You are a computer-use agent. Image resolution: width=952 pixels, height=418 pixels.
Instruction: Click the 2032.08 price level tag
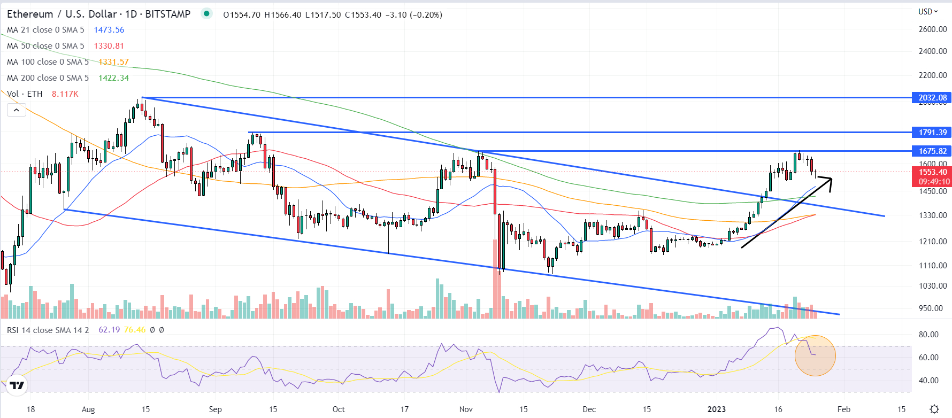click(x=932, y=98)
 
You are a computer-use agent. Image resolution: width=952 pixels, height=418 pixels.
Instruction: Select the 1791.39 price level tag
click(x=932, y=133)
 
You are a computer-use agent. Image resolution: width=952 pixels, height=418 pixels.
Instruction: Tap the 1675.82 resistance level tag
click(x=932, y=151)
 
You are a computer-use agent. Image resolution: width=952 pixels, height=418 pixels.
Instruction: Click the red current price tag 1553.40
click(x=932, y=172)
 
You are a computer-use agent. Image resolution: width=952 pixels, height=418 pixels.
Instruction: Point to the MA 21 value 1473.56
click(x=109, y=30)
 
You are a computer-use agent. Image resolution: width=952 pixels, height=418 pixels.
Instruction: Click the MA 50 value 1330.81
click(x=109, y=46)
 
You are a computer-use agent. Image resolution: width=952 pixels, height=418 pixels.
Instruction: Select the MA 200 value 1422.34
click(x=113, y=78)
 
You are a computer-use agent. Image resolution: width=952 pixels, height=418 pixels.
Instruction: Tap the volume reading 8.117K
click(x=65, y=94)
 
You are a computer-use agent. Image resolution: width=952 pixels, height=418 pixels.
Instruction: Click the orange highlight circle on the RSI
click(x=815, y=355)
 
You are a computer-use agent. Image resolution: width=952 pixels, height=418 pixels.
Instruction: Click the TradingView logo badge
click(x=17, y=385)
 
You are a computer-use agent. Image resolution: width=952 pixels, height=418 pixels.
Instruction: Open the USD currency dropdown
click(x=928, y=11)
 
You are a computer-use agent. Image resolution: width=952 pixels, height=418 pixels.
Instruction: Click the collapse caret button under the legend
click(x=17, y=110)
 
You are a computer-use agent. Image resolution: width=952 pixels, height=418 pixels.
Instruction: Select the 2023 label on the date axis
click(x=716, y=409)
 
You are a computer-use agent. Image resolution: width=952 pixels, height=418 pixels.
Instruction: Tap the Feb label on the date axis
click(x=843, y=409)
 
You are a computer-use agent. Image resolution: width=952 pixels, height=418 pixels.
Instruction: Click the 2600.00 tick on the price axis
click(x=932, y=29)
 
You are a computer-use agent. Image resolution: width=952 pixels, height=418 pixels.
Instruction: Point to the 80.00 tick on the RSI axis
click(x=928, y=335)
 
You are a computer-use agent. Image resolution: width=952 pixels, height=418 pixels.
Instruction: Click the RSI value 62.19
click(x=109, y=330)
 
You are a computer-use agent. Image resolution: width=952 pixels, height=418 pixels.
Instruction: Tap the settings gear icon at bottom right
click(x=934, y=409)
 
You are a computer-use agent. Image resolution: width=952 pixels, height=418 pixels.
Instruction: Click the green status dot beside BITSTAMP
click(x=206, y=13)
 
